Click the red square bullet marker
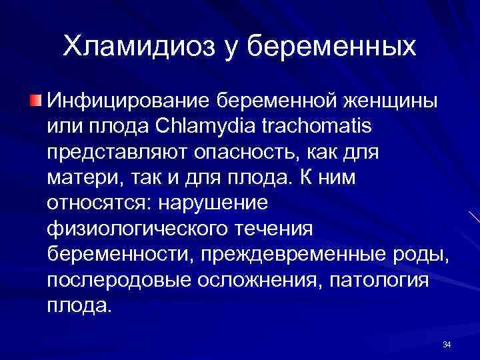point(35,101)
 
